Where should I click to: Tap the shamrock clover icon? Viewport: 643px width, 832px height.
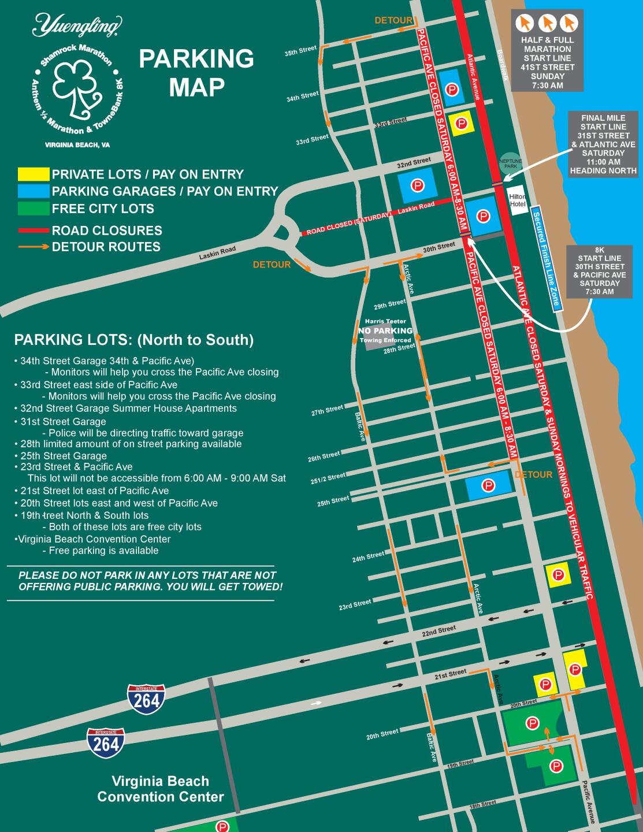pos(78,90)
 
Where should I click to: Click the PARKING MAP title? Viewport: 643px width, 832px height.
pos(196,73)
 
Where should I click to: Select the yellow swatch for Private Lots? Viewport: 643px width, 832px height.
pos(34,174)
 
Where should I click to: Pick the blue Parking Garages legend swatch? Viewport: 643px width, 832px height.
pos(34,191)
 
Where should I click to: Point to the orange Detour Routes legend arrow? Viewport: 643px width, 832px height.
pos(34,247)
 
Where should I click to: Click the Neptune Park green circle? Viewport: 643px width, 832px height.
pos(510,164)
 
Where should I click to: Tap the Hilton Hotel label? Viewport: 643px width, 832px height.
pos(517,200)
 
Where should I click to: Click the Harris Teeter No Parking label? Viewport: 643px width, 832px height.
pos(385,330)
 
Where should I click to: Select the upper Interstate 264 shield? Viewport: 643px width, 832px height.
pos(146,699)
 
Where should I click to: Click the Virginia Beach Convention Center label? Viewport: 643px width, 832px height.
pos(161,789)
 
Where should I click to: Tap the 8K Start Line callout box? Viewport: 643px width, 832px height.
pos(599,272)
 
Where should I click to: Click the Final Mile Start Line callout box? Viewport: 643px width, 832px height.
pos(603,144)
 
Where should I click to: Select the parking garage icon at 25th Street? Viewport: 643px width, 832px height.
pos(489,485)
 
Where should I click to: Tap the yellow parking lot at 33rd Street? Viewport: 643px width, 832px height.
pos(461,123)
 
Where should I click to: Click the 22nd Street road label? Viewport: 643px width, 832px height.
pos(438,631)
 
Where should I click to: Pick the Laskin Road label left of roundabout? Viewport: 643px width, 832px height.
pos(217,253)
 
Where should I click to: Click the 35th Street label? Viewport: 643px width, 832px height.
pos(300,51)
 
